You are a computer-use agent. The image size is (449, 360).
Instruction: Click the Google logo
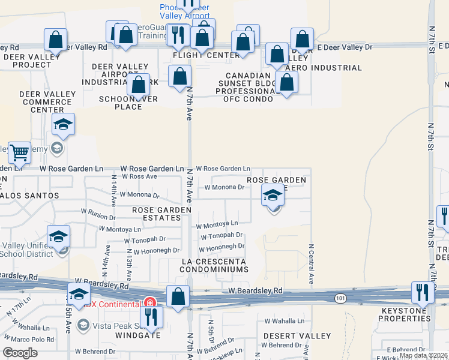click(x=20, y=353)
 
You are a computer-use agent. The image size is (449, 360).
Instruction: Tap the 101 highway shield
click(x=340, y=298)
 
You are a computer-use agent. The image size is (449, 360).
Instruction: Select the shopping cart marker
click(x=19, y=154)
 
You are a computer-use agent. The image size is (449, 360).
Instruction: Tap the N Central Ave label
click(x=311, y=263)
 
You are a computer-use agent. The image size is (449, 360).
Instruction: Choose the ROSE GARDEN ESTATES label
click(x=161, y=214)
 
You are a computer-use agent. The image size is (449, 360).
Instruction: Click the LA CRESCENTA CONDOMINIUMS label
click(x=215, y=266)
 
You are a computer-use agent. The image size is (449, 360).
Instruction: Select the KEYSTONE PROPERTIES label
click(x=405, y=314)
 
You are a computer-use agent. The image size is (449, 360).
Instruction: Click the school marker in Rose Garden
click(x=273, y=196)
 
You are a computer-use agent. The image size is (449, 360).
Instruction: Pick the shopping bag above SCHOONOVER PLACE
click(x=139, y=86)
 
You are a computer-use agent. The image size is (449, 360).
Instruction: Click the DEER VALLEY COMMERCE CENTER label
click(x=47, y=102)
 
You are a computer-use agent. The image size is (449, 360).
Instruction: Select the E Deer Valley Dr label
click(x=345, y=46)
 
